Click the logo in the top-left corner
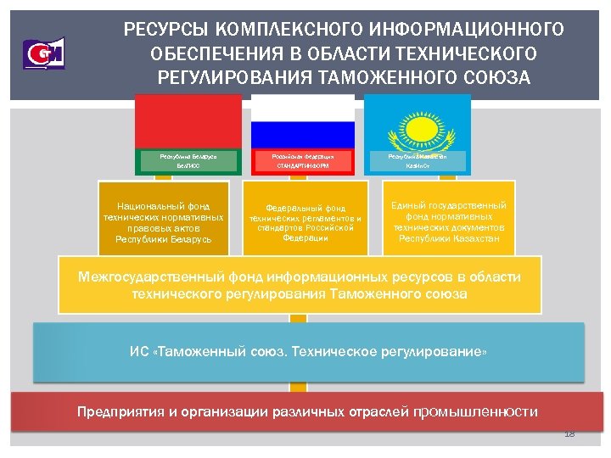(44, 53)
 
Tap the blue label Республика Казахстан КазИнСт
(417, 162)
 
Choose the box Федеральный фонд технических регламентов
(304, 222)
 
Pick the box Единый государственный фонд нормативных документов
(449, 222)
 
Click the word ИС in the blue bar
(138, 350)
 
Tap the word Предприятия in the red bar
(115, 412)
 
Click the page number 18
(569, 434)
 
